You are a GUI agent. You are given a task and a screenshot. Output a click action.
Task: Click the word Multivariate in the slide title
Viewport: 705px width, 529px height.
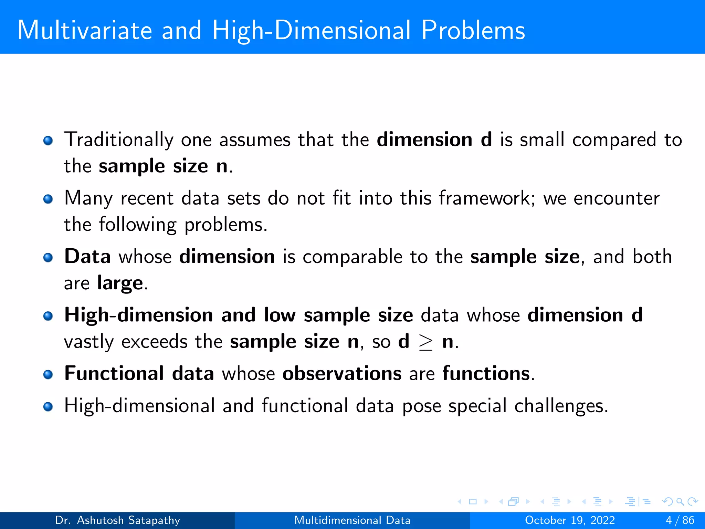[85, 30]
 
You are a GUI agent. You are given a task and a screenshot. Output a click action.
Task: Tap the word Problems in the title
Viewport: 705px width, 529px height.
[473, 30]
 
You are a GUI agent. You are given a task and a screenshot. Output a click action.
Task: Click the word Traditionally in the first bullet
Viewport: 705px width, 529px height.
[119, 140]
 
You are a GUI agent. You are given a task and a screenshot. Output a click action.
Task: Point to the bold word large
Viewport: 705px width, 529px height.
[120, 283]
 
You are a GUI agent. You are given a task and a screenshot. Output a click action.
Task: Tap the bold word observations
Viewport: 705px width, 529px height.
[342, 374]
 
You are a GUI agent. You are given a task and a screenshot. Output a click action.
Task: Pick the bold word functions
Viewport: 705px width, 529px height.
[486, 374]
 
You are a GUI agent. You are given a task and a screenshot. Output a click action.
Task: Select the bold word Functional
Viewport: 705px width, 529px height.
[114, 374]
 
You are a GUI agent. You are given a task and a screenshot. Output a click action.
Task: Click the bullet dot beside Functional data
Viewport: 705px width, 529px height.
[48, 374]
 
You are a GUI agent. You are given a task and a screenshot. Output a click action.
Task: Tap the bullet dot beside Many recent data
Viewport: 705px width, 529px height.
[48, 199]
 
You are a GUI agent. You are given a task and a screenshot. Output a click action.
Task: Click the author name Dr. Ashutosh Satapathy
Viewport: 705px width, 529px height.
[117, 520]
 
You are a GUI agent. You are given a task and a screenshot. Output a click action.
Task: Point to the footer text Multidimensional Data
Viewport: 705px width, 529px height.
[352, 520]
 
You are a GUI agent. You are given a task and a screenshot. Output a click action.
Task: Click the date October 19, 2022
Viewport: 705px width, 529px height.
[570, 520]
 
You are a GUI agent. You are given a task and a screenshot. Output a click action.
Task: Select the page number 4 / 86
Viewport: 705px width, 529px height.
[680, 520]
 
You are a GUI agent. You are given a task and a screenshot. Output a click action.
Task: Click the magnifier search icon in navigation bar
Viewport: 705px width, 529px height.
[680, 502]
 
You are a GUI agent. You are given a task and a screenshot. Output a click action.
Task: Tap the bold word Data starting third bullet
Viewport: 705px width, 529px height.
[87, 257]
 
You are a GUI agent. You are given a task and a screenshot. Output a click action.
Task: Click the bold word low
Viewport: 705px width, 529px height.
[280, 315]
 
